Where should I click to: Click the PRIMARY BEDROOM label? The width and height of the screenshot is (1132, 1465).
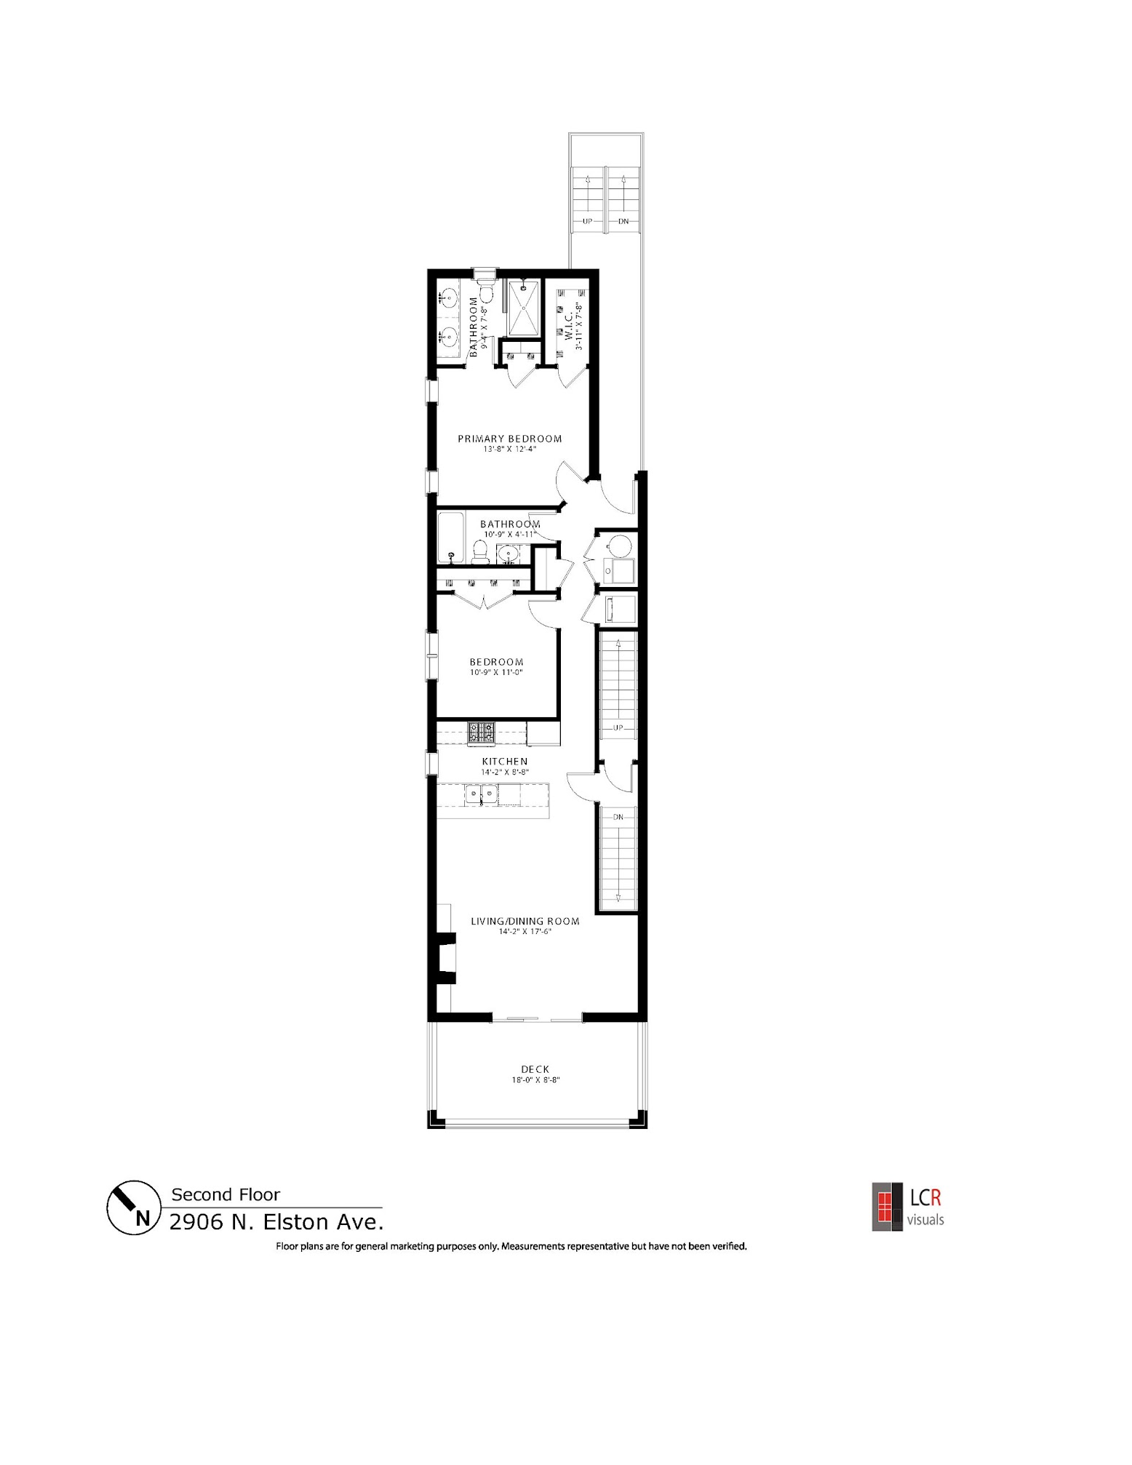509,439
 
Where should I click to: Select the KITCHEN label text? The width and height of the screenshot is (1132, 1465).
504,762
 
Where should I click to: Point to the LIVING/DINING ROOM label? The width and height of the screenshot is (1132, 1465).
525,921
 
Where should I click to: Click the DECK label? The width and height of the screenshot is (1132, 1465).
535,1069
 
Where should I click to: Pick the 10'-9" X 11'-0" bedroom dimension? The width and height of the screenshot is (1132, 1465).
496,672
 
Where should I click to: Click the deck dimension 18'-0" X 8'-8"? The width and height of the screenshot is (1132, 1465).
535,1080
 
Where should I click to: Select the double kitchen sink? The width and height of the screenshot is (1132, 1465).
481,795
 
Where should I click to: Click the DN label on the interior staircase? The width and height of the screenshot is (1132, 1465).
618,817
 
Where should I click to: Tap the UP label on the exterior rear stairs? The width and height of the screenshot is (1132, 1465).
586,221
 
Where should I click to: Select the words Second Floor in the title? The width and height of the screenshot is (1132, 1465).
225,1194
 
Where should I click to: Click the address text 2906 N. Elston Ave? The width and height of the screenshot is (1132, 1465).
276,1222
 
